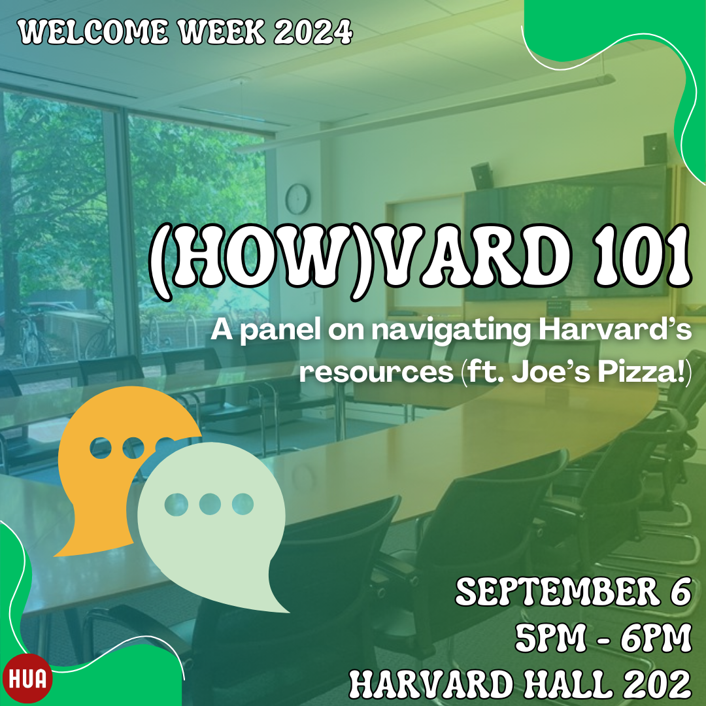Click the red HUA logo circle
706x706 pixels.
pyautogui.click(x=27, y=679)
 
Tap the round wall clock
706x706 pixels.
pyautogui.click(x=297, y=199)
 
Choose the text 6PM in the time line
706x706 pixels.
pyautogui.click(x=656, y=639)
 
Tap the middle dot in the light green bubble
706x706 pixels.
pyautogui.click(x=210, y=504)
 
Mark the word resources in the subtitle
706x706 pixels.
pyautogui.click(x=377, y=373)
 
